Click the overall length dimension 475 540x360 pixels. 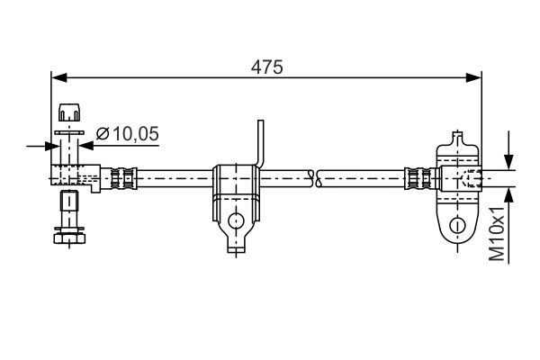tap(267, 67)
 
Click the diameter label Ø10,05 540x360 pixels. tap(127, 134)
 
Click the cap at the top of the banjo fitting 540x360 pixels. tap(68, 113)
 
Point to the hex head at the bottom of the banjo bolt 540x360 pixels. tap(68, 236)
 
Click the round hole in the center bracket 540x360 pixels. tap(235, 220)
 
